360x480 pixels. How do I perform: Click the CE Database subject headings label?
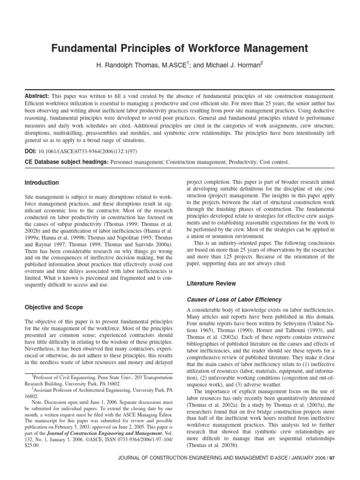(x=65, y=162)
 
